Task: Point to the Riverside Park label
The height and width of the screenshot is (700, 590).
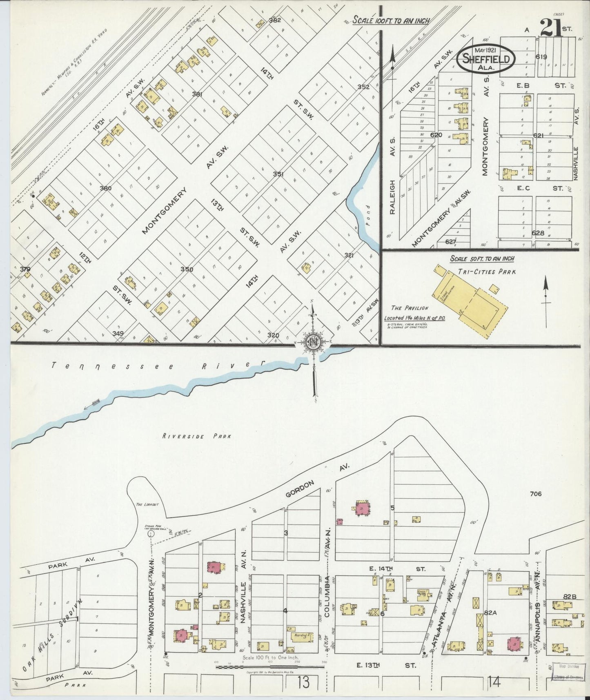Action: point(196,436)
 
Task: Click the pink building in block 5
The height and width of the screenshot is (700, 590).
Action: point(362,508)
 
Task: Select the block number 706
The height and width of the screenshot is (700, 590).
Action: point(535,494)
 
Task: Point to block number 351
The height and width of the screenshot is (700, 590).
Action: point(278,174)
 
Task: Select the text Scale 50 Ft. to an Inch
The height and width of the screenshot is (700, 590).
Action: point(482,259)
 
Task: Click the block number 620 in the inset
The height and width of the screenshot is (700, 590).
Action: point(436,134)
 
